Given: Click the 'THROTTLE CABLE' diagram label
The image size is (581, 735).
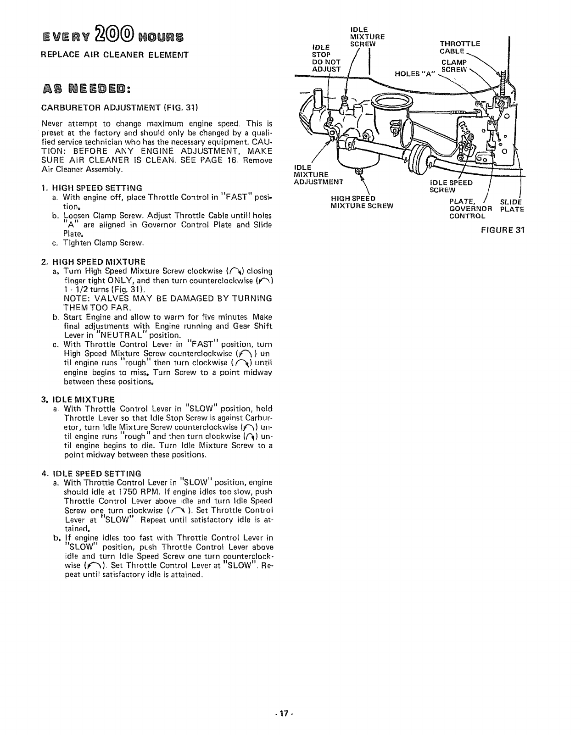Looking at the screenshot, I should tap(459, 47).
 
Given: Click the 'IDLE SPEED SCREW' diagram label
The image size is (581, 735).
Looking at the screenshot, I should tap(451, 186).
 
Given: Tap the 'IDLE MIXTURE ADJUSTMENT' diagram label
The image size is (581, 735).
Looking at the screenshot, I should tap(318, 174).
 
